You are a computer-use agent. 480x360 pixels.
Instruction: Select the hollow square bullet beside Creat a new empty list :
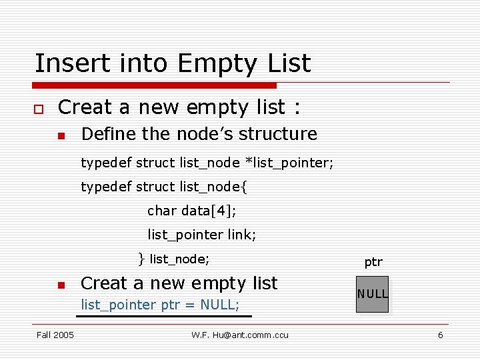tap(39, 108)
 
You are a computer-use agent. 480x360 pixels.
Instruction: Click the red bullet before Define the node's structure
tap(61, 135)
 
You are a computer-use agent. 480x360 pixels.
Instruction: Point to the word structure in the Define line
tap(278, 134)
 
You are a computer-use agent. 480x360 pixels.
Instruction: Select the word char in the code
tap(162, 211)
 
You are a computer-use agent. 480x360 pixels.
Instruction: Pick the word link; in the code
tap(241, 235)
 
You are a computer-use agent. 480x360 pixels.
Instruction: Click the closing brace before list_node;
tap(141, 258)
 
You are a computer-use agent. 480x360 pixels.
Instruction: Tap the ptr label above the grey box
tap(373, 262)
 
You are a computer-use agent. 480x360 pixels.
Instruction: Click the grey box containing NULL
tap(373, 293)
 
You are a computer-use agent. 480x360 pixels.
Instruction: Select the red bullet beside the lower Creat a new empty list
tap(61, 285)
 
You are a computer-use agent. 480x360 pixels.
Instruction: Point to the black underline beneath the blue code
tap(164, 316)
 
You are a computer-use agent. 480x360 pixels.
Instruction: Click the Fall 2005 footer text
tap(55, 335)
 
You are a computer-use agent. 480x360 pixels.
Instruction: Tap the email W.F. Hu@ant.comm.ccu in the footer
tap(240, 335)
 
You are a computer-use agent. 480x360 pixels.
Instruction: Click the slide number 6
tap(440, 335)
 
